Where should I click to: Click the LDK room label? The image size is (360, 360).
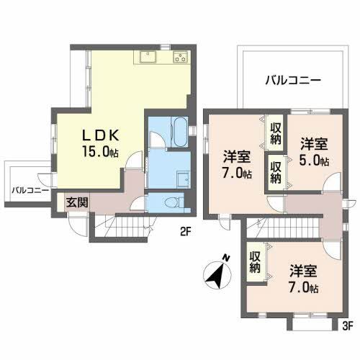[x=101, y=135]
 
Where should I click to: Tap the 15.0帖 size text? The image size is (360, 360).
[x=101, y=152]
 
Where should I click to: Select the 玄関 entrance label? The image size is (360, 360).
[x=77, y=202]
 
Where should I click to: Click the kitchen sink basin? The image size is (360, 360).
[x=148, y=57]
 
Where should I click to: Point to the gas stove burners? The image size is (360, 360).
[x=181, y=57]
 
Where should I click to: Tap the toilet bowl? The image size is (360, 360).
[x=172, y=202]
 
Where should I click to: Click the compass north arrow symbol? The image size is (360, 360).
[x=217, y=274]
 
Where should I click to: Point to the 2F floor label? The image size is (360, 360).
[x=186, y=232]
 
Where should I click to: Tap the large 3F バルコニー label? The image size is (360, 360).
[x=293, y=80]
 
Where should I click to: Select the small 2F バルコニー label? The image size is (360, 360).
[x=30, y=191]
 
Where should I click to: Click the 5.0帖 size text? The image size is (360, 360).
[x=314, y=161]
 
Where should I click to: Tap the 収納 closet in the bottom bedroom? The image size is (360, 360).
[x=255, y=262]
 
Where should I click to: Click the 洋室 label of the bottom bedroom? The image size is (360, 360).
[x=303, y=271]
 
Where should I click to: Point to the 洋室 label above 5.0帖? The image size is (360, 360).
[x=314, y=144]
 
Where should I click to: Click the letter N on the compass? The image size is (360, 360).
[x=226, y=258]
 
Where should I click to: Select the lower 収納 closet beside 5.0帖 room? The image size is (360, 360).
[x=276, y=172]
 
